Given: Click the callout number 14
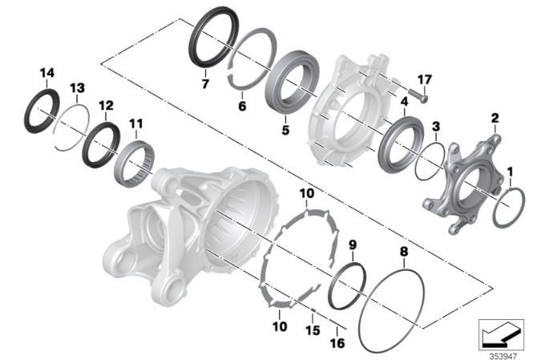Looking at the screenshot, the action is click(x=47, y=73).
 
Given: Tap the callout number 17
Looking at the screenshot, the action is click(x=425, y=79).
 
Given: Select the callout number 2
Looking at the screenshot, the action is click(x=495, y=118).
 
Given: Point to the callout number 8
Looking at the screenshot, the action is click(x=404, y=252).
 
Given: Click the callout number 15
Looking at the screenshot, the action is click(x=313, y=330).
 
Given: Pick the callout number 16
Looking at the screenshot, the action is click(x=337, y=343).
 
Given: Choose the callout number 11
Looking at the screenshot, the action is click(x=136, y=123).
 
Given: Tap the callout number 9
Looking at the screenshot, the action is click(x=353, y=244).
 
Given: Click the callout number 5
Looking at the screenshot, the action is click(x=285, y=130).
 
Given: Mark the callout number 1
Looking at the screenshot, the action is click(x=510, y=172).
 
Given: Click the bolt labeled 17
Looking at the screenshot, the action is click(x=418, y=95).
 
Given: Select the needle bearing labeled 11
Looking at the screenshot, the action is click(x=134, y=164).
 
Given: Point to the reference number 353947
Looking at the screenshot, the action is click(x=503, y=356).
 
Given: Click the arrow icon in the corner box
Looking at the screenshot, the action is click(x=501, y=336).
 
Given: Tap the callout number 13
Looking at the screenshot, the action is click(x=77, y=88).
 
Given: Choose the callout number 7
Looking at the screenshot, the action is click(x=205, y=83).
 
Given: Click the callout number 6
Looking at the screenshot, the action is click(x=242, y=106).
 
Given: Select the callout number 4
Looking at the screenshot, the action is click(x=404, y=102).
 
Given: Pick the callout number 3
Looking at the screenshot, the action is click(x=436, y=127).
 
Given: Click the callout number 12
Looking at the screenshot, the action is click(x=106, y=106).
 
